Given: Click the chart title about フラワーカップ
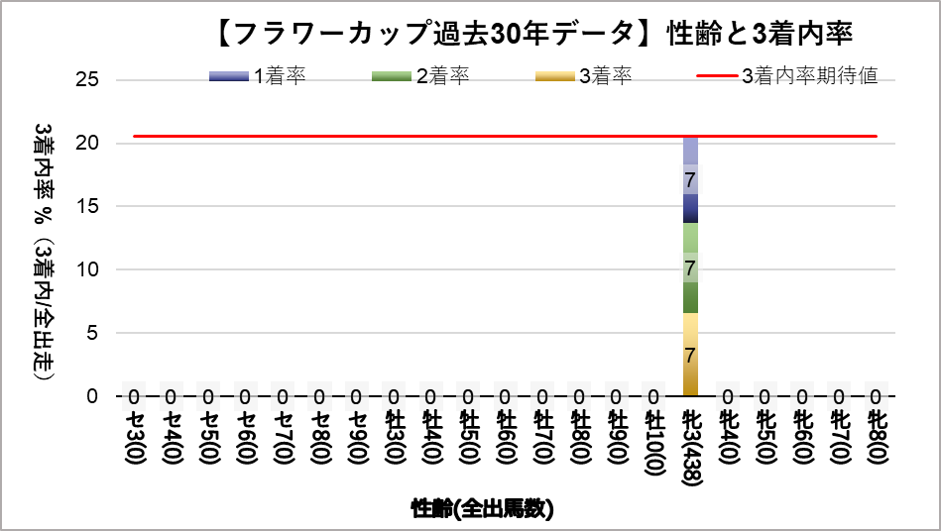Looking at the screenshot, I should pos(532,34).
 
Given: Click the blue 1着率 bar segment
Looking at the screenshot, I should pos(690,179).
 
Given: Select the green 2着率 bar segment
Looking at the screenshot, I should pos(690,267).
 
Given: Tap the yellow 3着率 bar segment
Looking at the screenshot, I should pos(690,355).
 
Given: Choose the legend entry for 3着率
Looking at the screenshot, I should pos(583,76).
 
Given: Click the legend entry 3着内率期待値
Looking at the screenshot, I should pos(787,76).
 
